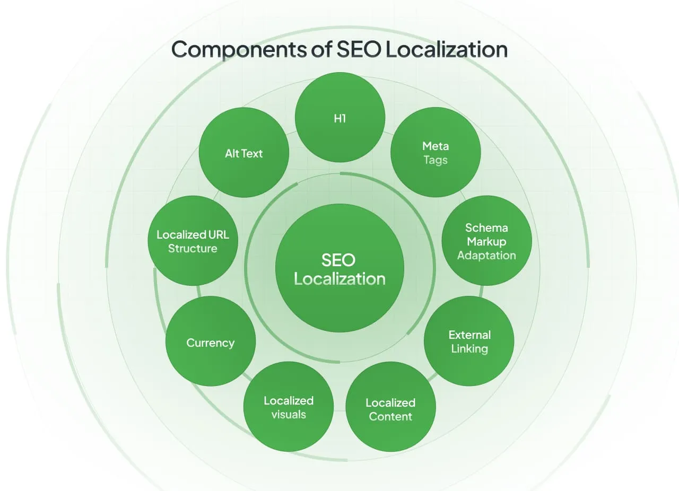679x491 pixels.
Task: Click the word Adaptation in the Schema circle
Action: [486, 256]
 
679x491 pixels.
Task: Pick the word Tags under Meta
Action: [436, 160]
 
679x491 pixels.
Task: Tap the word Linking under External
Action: [469, 349]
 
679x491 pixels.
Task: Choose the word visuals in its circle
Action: [289, 415]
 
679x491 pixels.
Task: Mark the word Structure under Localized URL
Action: [193, 249]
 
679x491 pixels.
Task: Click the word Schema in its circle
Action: [486, 227]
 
